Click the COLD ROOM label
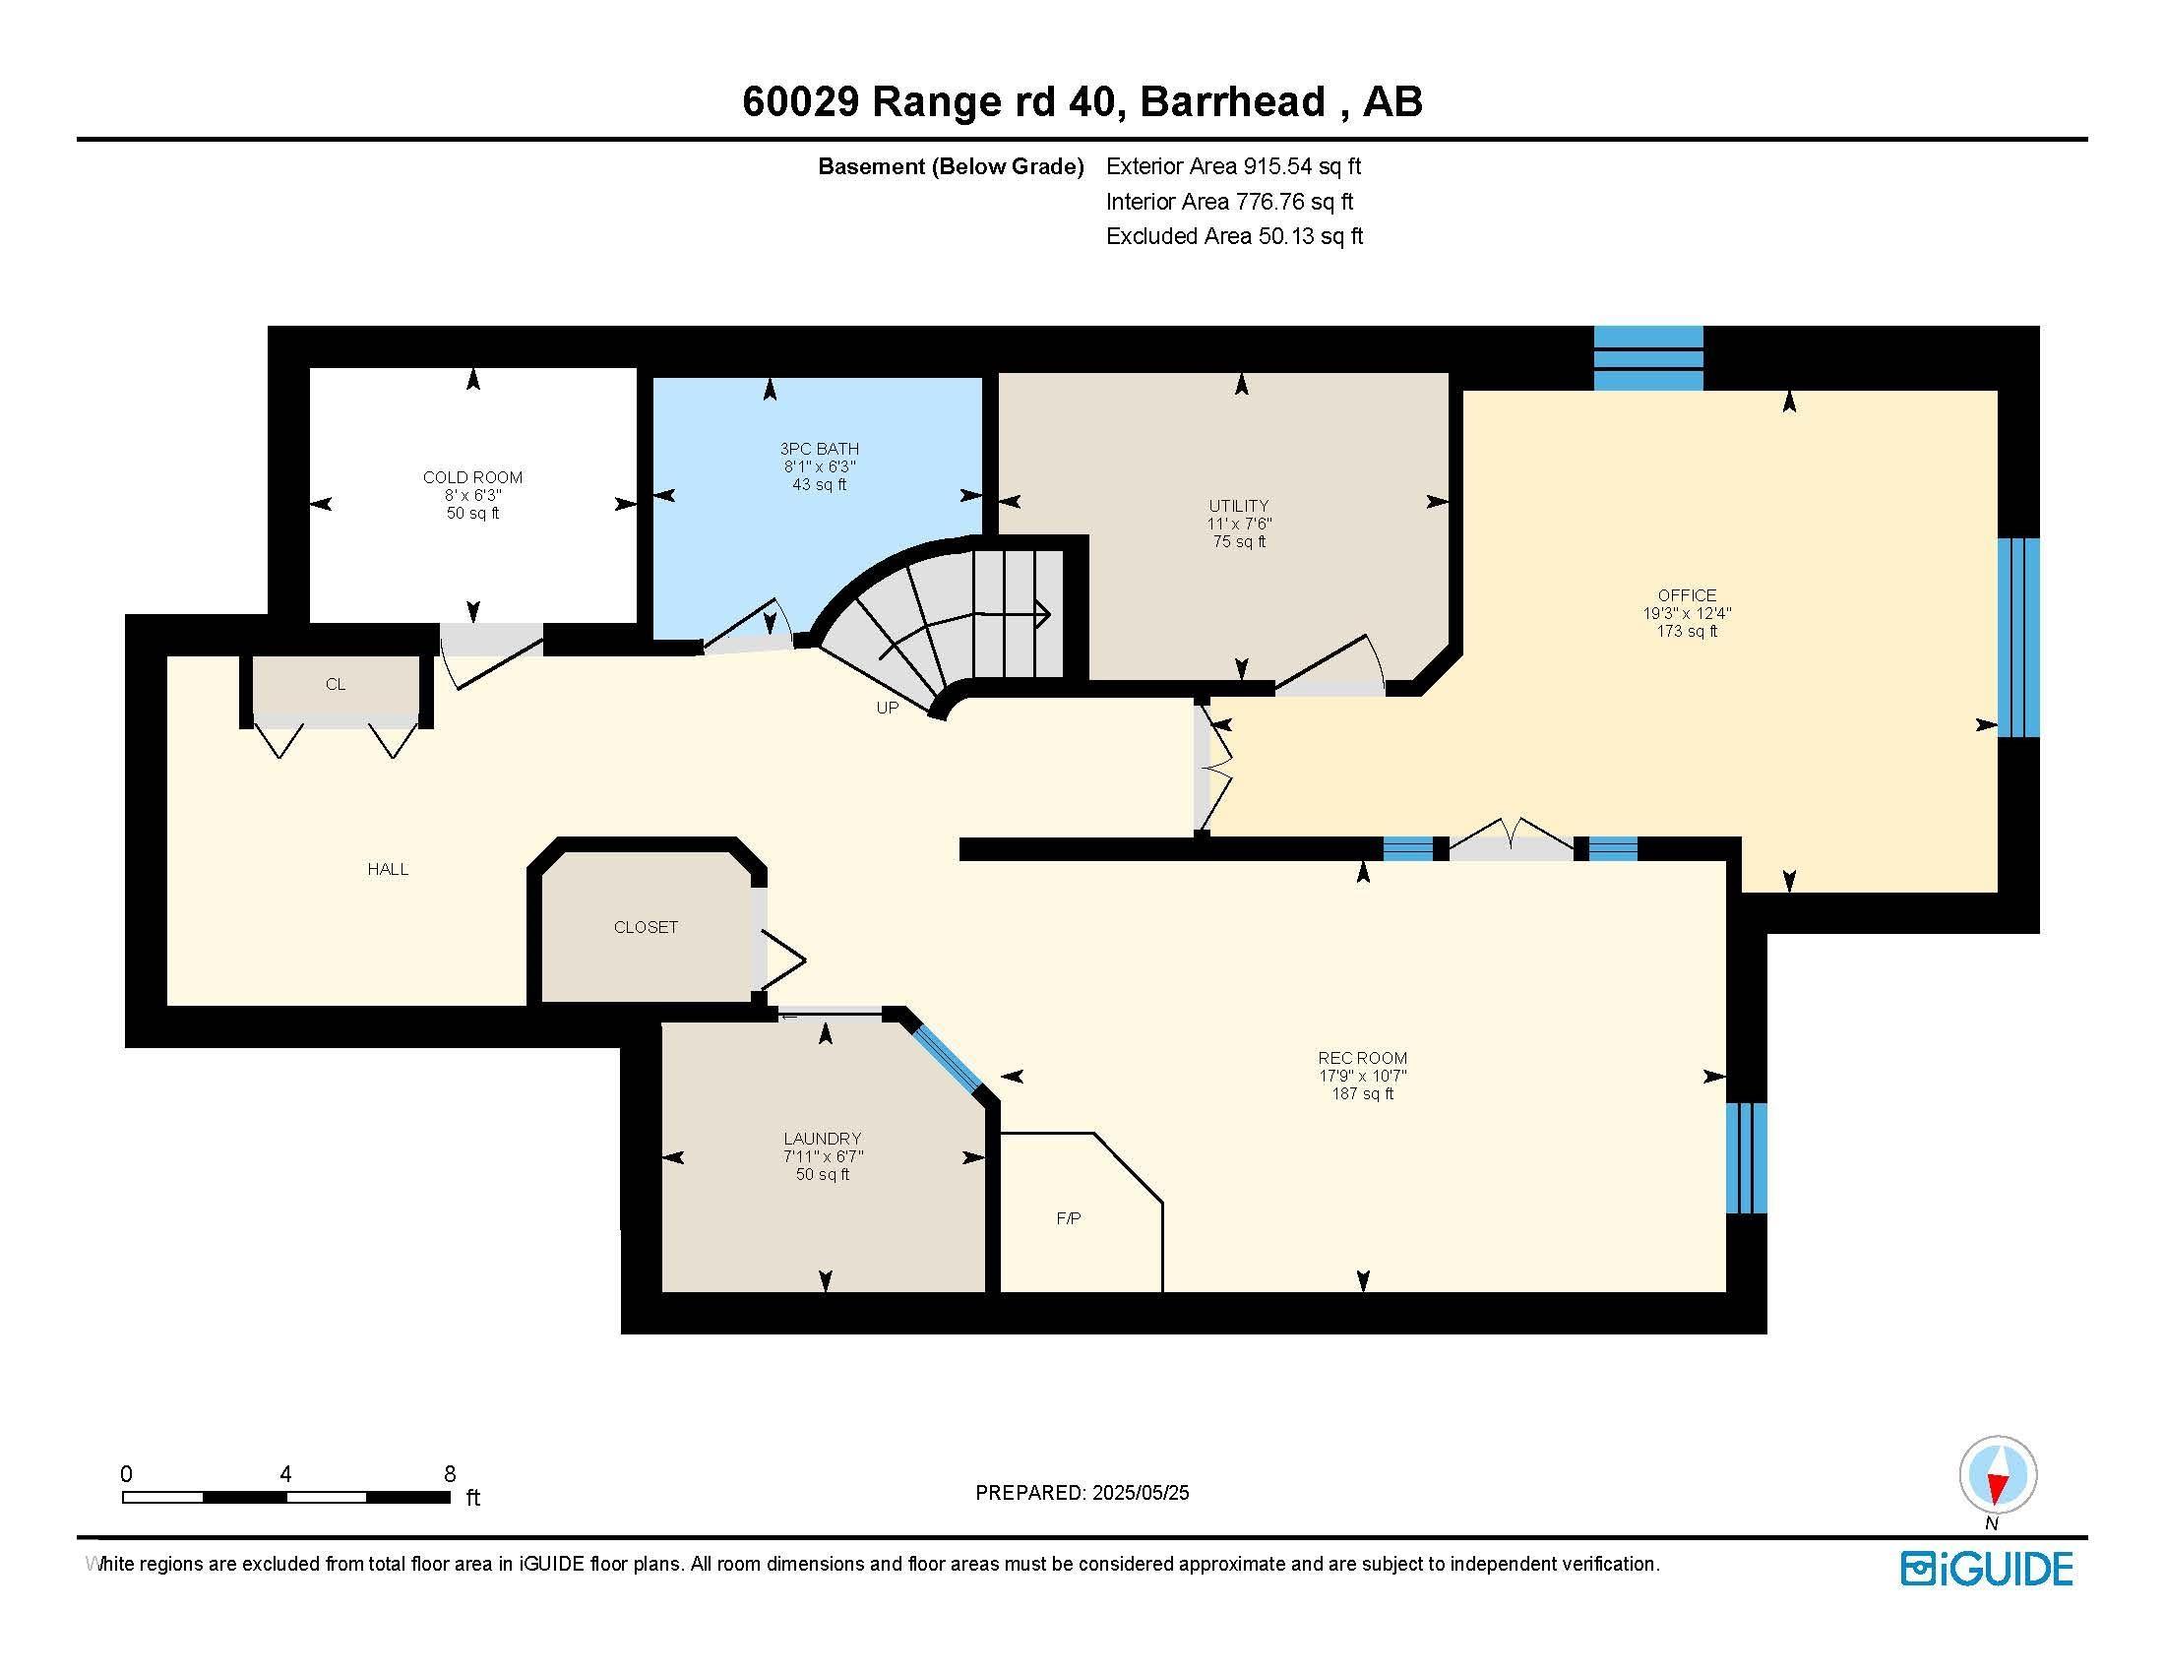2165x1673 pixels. click(471, 477)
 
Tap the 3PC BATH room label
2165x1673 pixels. click(819, 449)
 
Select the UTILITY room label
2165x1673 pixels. click(1238, 506)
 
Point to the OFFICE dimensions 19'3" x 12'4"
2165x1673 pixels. click(1686, 613)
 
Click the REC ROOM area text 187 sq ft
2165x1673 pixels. click(1362, 1094)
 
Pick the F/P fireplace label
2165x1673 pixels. click(1068, 1218)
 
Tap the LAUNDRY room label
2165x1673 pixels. click(822, 1139)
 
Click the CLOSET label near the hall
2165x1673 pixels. click(646, 927)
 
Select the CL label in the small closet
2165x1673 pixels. click(335, 684)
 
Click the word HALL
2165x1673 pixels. click(388, 869)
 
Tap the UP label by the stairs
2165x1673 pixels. click(888, 708)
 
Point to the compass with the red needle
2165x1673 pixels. click(1998, 1474)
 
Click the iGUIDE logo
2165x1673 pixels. click(1987, 1569)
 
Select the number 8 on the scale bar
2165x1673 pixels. click(449, 1474)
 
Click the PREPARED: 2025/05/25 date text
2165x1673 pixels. click(1082, 1493)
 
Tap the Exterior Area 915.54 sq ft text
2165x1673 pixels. click(1233, 166)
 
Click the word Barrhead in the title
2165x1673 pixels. click(1232, 102)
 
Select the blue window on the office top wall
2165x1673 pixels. click(1647, 358)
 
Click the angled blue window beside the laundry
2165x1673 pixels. click(948, 1059)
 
